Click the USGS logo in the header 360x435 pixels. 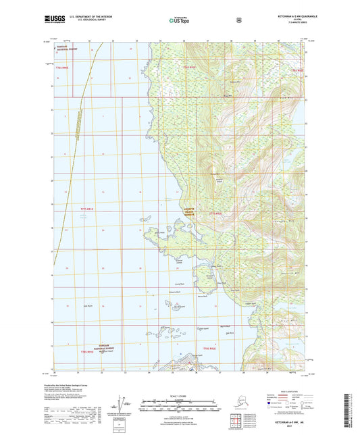pos(54,21)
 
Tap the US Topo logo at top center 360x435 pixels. pos(180,21)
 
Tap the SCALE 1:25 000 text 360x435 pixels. pos(179,395)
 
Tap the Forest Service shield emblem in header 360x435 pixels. pos(239,20)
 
